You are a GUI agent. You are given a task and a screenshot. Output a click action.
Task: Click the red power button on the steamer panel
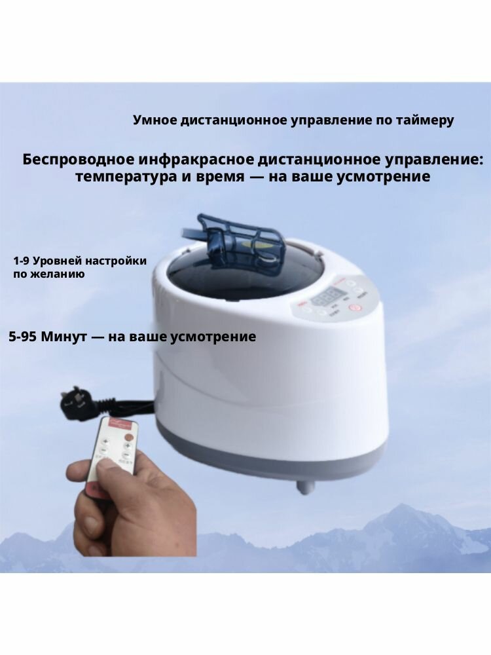[x=355, y=307]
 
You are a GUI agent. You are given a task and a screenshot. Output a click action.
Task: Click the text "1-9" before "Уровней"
[x=22, y=261]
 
